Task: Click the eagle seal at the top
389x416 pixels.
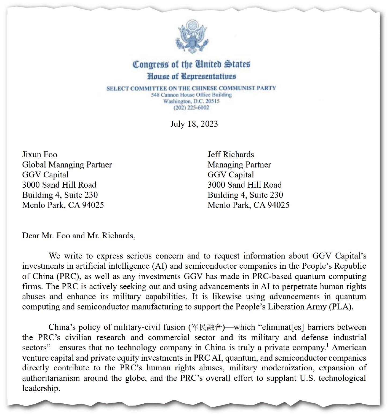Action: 192,36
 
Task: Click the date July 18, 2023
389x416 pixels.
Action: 194,124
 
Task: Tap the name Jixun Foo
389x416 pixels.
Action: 40,155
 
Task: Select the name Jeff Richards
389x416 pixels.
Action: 231,155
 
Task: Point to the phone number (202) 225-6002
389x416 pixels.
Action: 191,108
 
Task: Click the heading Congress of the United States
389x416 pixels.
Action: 192,64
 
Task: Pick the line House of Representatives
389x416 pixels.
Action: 192,76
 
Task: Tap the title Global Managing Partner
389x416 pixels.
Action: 67,165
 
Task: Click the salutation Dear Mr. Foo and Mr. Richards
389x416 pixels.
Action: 79,236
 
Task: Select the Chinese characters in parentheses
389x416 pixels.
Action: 207,327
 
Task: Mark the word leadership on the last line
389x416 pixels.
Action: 41,388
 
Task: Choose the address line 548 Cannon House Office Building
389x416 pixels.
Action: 191,95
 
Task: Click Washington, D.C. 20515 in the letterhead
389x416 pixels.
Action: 191,101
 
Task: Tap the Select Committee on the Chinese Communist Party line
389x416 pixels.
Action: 191,88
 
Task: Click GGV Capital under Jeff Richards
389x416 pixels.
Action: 231,175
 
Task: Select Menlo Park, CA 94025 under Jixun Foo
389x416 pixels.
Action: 63,205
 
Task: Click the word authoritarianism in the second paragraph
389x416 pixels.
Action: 51,378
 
